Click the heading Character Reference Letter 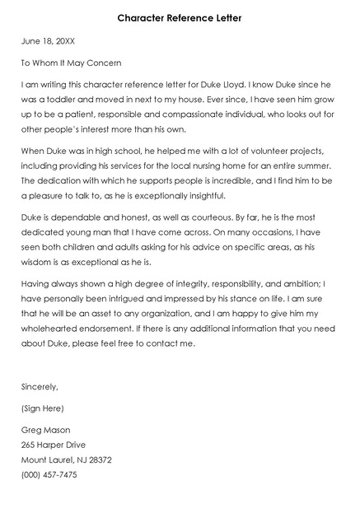(180, 16)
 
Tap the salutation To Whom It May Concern (71, 63)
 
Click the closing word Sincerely (40, 385)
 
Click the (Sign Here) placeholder (43, 408)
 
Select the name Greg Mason (45, 430)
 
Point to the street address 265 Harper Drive (54, 445)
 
